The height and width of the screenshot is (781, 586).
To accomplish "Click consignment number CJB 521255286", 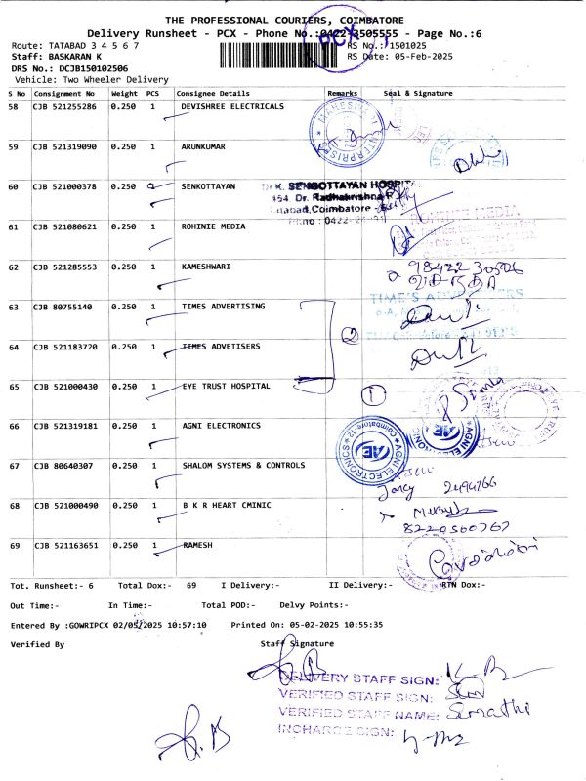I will [64, 106].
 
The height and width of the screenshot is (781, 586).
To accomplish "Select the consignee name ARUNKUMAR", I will [203, 146].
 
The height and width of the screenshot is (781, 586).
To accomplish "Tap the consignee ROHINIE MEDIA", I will [212, 226].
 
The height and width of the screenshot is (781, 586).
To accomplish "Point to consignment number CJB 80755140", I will [63, 307].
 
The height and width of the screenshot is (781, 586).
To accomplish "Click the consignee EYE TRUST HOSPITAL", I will [226, 387].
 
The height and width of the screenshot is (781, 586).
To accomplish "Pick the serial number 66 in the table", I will [14, 427].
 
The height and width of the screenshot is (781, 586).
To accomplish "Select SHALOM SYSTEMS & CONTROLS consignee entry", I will [243, 466].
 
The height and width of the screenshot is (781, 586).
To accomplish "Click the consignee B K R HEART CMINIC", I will [226, 506].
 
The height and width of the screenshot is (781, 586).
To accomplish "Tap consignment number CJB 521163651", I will [64, 546].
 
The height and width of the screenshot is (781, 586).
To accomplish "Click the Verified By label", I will [37, 644].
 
